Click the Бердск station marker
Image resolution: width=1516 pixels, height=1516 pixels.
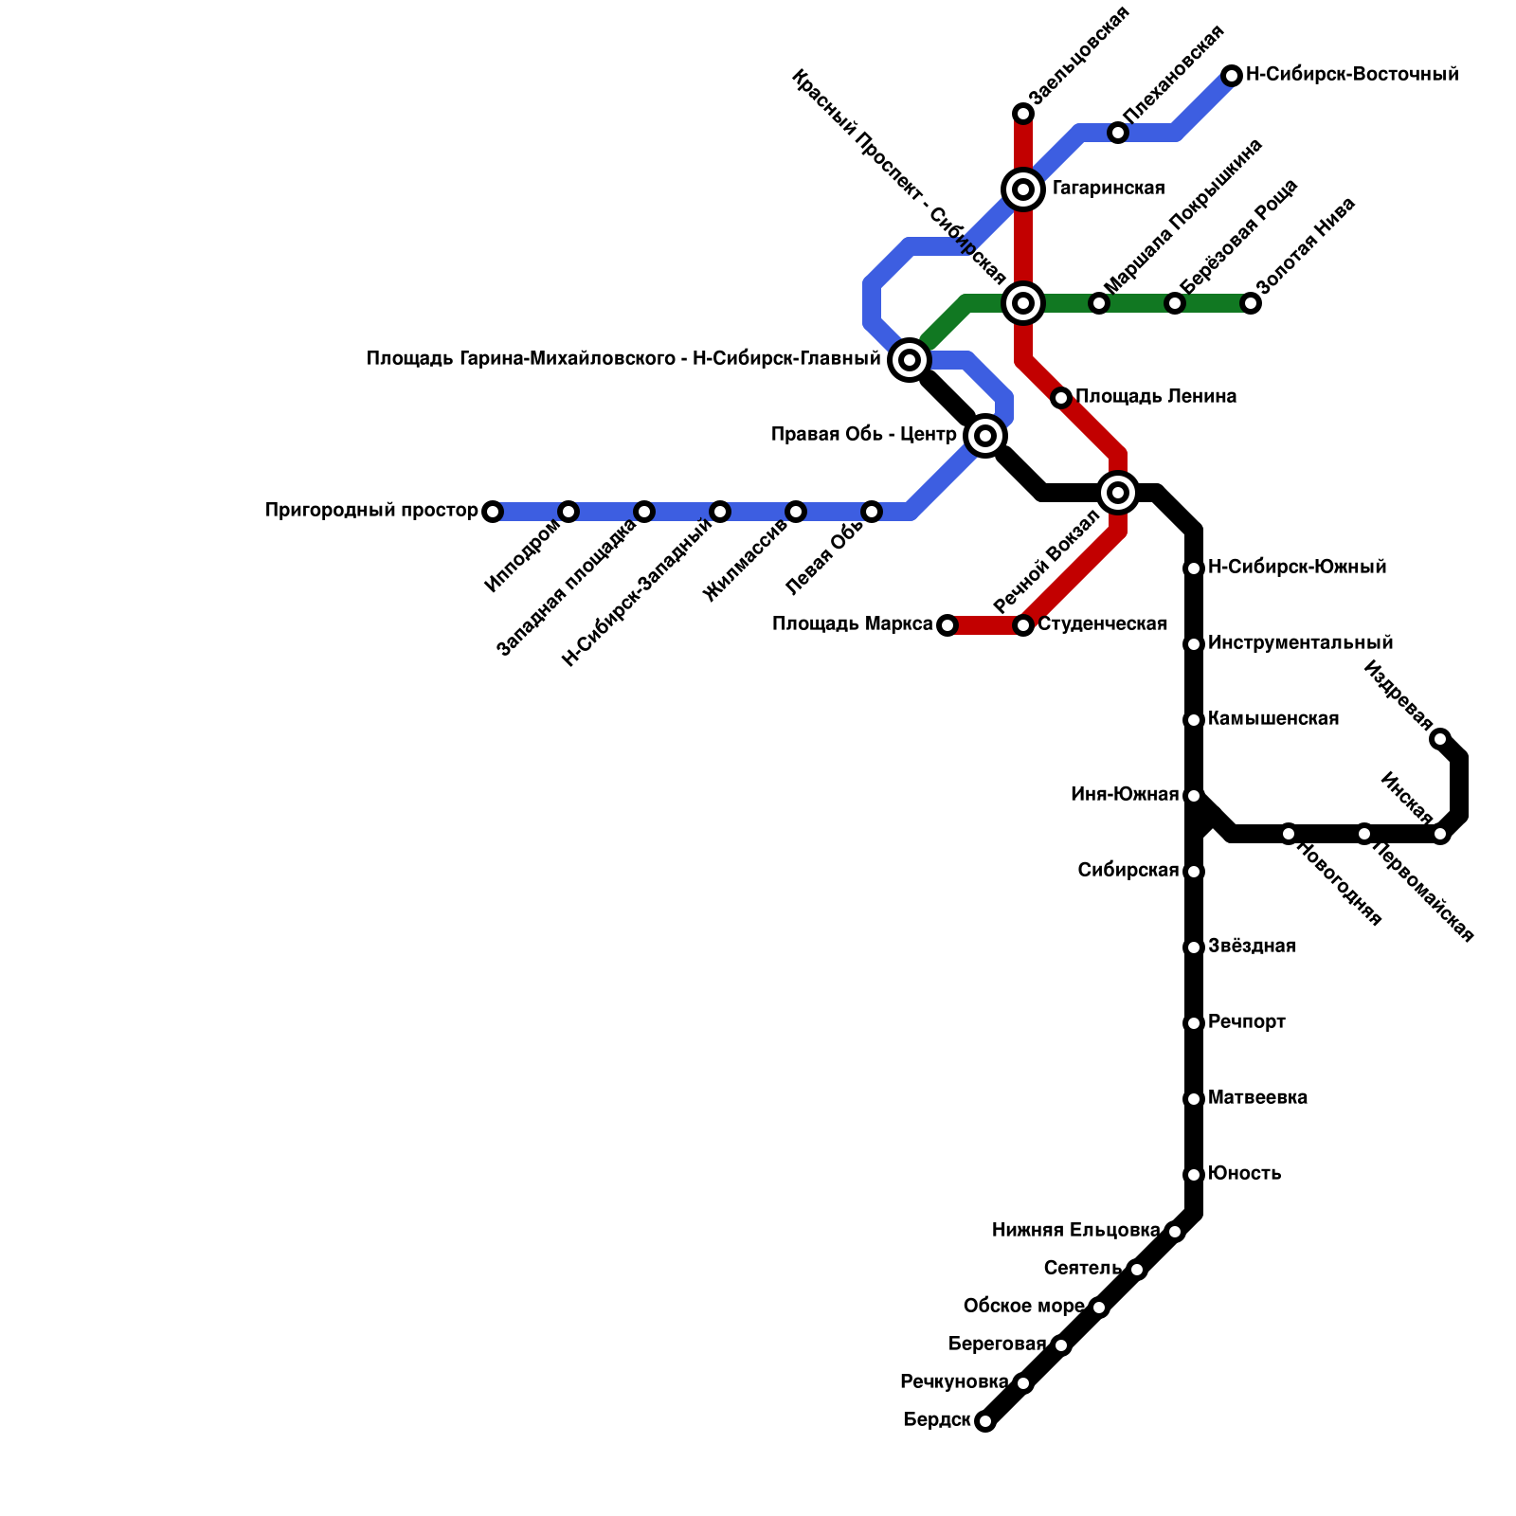[985, 1421]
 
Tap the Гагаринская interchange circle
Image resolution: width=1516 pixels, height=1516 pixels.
[1023, 189]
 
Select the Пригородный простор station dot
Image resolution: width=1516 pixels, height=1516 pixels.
[493, 512]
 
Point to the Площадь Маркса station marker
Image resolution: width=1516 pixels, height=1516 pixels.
[947, 625]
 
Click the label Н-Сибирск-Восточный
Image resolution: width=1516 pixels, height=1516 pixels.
[1351, 75]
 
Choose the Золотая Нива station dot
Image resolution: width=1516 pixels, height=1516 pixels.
[1251, 303]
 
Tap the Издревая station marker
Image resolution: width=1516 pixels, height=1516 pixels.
[1440, 739]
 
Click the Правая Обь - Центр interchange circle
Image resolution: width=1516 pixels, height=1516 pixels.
[985, 436]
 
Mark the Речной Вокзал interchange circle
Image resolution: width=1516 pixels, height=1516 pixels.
[1118, 493]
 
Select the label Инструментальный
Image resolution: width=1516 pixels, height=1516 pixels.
[1300, 643]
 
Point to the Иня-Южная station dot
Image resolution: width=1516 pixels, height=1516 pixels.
[1194, 796]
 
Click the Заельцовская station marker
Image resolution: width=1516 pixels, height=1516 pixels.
[1023, 114]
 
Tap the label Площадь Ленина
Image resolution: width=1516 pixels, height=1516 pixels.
[1155, 397]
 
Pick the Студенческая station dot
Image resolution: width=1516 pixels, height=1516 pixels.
[1023, 625]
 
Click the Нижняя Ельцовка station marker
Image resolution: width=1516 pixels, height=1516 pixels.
[1175, 1232]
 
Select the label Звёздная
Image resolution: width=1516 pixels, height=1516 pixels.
[1252, 947]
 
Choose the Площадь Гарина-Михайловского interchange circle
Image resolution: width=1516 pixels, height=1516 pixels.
[910, 360]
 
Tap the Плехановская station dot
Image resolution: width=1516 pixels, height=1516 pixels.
[1118, 133]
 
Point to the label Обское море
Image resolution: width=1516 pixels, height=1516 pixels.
[1023, 1307]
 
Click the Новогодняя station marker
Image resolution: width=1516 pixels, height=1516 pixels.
[1289, 834]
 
